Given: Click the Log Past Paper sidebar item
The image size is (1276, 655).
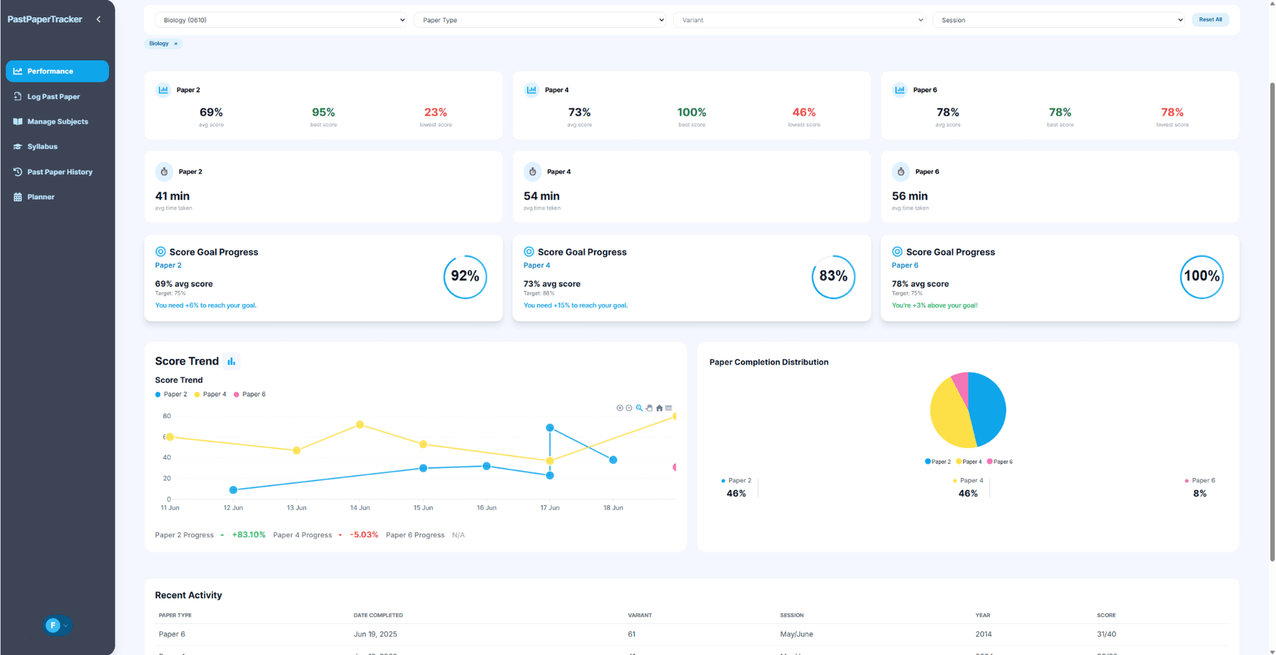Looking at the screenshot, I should click(53, 96).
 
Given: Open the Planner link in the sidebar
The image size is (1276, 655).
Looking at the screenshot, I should click(41, 197).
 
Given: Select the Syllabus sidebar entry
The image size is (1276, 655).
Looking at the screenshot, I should click(42, 146).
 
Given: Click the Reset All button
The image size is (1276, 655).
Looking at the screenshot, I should click(1210, 20).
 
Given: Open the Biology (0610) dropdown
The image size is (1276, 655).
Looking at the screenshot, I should click(280, 20).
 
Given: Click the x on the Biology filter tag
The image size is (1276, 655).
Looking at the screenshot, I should click(176, 44).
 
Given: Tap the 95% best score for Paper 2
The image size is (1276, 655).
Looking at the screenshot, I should click(323, 112).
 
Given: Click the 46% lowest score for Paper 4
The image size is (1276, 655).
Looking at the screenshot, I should click(803, 112).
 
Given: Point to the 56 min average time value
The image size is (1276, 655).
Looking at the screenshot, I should click(909, 196).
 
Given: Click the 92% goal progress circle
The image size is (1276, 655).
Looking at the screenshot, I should click(465, 277).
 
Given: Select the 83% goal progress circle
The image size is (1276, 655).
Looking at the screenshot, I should click(833, 277).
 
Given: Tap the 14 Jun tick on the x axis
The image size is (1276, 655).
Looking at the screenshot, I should click(360, 508).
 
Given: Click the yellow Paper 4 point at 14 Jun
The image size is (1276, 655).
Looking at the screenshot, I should click(360, 424).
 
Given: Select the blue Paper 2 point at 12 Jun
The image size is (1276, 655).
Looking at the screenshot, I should click(233, 490).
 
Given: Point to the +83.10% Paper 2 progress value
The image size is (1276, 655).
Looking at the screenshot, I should click(249, 535).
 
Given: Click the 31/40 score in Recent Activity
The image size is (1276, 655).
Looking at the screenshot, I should click(1106, 634).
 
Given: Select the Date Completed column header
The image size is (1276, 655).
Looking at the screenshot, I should click(377, 615).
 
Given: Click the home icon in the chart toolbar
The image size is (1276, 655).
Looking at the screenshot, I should click(659, 408).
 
